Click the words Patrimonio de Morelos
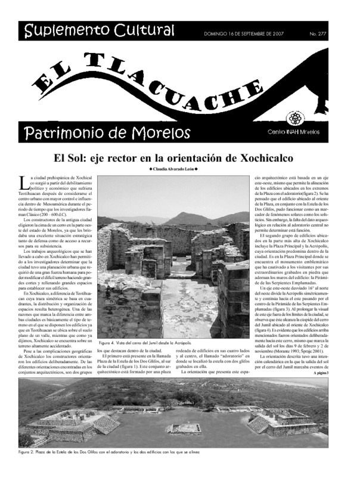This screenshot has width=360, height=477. (107, 131)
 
